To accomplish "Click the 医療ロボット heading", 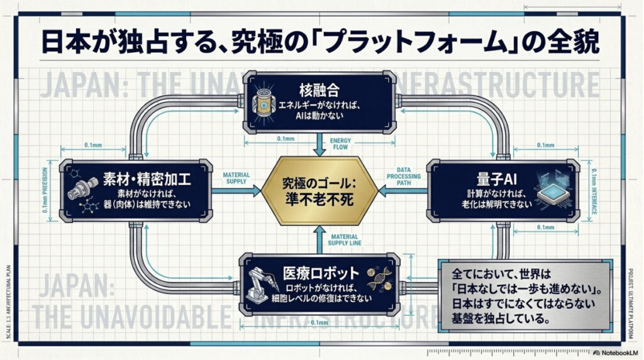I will click(321, 273).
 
